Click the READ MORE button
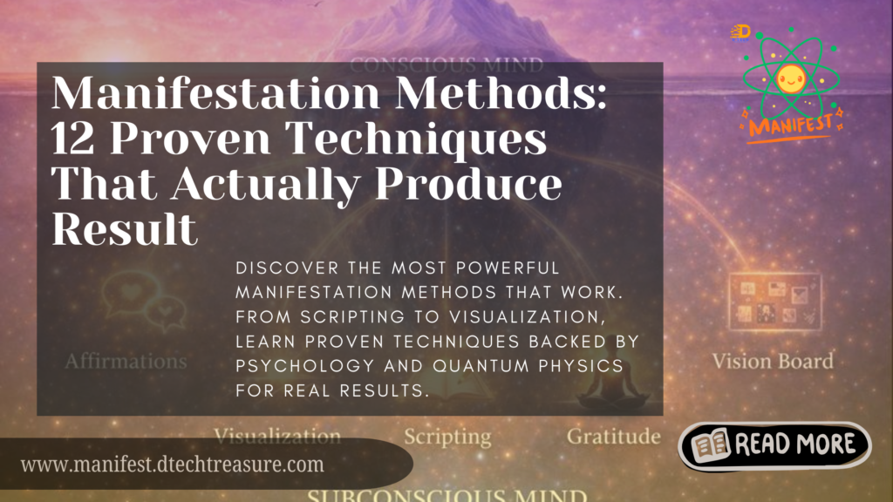pos(774,446)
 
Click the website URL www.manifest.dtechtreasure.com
pos(172,465)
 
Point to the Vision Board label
pos(772,361)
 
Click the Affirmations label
pos(126,360)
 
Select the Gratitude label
pos(613,436)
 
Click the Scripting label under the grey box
pos(447,436)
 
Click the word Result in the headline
pos(124,228)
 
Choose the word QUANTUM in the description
pos(481,367)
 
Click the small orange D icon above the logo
pos(740,31)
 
